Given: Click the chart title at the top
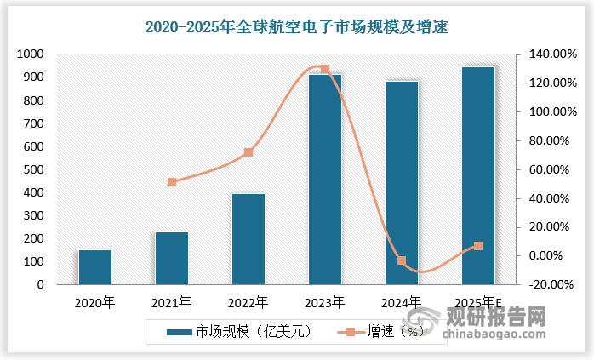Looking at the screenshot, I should pos(296,27).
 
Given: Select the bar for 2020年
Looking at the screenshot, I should pos(95,267).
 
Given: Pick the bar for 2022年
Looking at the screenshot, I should pos(248,239).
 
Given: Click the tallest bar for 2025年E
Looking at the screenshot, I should pos(478,175).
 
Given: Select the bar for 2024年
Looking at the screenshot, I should pos(402,183).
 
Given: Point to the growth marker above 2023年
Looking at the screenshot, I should pos(324,69).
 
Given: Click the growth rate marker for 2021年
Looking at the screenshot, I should pos(172,182).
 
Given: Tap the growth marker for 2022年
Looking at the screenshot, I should pos(248,152).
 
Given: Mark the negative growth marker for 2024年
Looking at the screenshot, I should pos(402,260).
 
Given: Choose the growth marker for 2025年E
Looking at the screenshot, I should pos(478,246).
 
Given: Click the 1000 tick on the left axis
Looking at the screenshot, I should pos(30,54).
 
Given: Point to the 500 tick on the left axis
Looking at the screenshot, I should pos(32,169).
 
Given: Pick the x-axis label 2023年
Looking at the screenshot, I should pos(324,302).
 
